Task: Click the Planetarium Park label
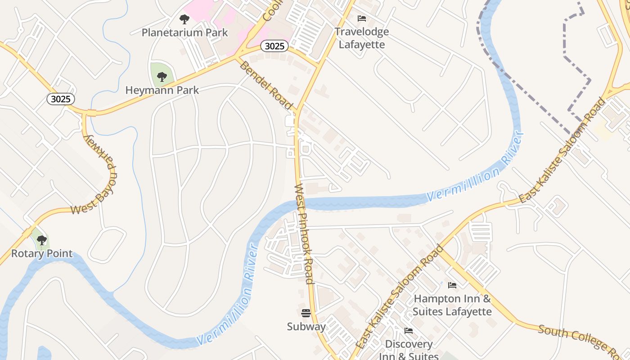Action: click(x=184, y=32)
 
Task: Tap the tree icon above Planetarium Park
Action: click(x=184, y=19)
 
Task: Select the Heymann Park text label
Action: click(x=162, y=90)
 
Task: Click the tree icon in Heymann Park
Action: click(x=162, y=77)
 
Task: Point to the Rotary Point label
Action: click(x=42, y=253)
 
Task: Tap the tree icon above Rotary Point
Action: click(x=42, y=240)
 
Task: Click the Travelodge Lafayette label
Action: click(x=362, y=38)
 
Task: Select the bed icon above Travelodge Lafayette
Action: click(x=362, y=18)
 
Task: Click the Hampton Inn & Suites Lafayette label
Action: click(x=452, y=305)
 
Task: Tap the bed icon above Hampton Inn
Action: click(x=452, y=285)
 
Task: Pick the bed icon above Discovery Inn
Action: click(x=409, y=331)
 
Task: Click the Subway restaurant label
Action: click(x=306, y=326)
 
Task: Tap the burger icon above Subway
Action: click(x=306, y=313)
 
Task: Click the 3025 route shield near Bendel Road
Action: click(x=274, y=46)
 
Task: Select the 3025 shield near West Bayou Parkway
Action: click(x=61, y=99)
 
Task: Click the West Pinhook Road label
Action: click(x=304, y=234)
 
